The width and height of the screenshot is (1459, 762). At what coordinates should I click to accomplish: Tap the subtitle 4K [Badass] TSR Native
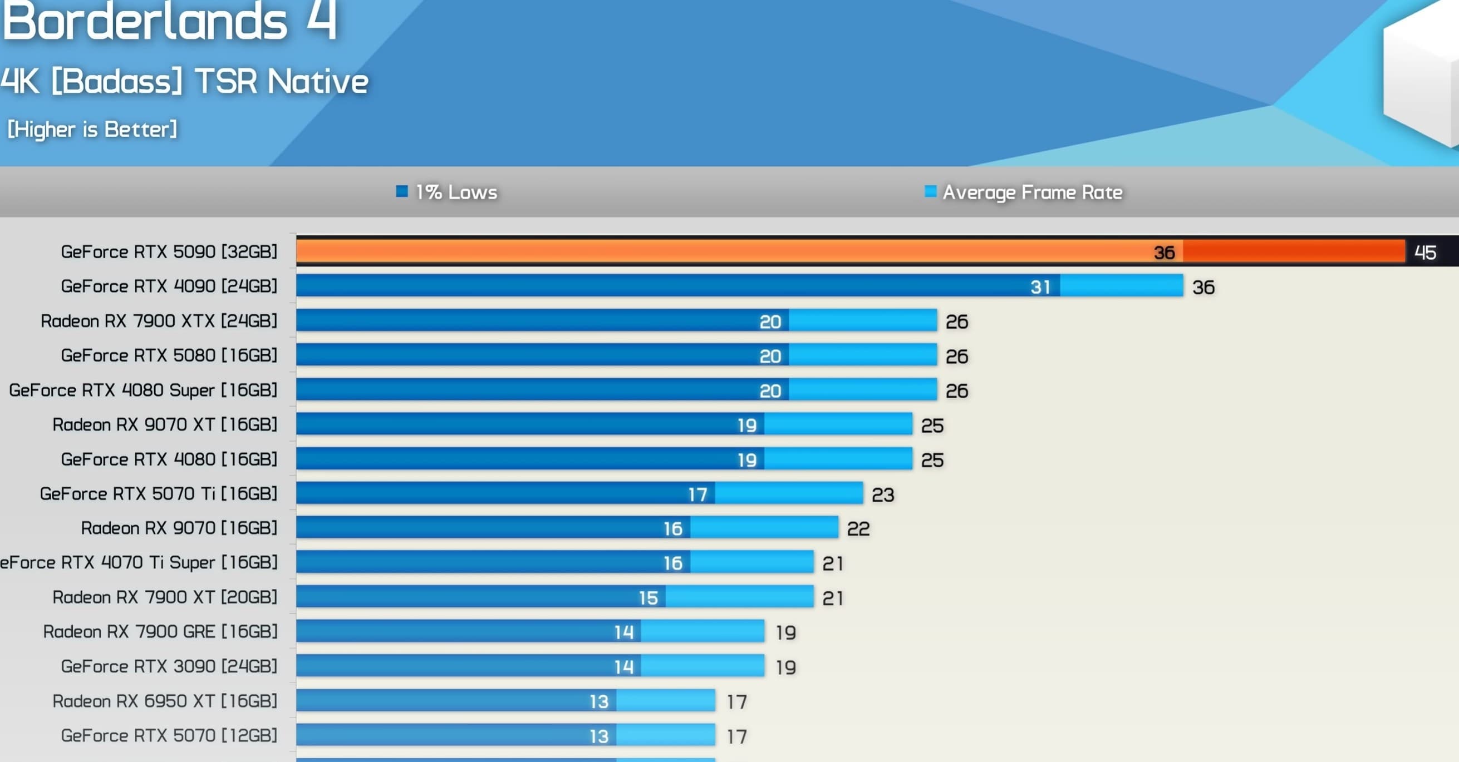pos(185,82)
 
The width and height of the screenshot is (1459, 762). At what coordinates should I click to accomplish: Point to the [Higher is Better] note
pos(92,130)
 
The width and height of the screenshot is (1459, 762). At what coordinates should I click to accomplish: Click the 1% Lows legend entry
pos(448,192)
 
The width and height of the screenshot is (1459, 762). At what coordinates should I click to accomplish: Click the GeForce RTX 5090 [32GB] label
pos(169,252)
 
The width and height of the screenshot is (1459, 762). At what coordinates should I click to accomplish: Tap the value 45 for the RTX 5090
pos(1425,253)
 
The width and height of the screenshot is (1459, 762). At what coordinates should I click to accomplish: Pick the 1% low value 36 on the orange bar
pos(1165,253)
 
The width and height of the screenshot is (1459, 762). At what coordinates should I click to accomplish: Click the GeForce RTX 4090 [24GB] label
pos(169,286)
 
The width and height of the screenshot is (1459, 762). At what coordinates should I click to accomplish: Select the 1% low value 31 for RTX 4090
pos(1040,287)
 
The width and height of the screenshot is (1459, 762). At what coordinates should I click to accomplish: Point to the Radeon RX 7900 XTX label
pos(159,321)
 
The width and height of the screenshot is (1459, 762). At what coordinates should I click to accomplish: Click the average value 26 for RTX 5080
pos(957,357)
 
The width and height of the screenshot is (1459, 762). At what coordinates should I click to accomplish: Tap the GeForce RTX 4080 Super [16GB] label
pos(143,390)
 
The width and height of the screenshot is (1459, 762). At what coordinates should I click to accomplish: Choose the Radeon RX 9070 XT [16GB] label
pos(164,424)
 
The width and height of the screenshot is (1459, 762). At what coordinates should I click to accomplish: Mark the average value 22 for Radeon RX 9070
pos(858,530)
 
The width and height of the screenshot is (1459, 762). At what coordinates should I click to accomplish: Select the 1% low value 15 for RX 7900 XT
pos(649,598)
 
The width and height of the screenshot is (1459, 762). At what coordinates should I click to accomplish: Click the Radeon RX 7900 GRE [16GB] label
pos(160,632)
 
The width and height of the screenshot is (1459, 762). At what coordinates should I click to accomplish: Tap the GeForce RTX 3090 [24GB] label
pos(169,666)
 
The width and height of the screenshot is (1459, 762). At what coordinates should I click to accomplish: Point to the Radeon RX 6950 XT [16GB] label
pos(164,701)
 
